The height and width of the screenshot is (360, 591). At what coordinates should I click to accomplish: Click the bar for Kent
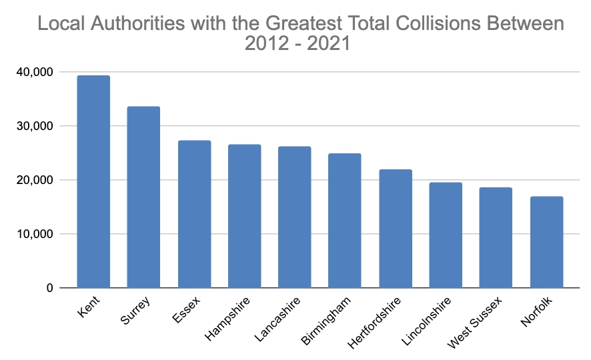click(x=93, y=181)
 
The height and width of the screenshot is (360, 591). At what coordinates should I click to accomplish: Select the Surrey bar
click(x=143, y=197)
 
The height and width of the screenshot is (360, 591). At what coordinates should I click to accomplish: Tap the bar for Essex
click(x=194, y=214)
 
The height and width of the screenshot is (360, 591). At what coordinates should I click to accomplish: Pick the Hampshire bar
click(x=244, y=216)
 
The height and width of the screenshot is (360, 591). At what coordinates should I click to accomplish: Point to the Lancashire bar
click(x=295, y=217)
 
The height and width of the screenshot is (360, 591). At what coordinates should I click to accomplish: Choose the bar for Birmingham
click(x=345, y=221)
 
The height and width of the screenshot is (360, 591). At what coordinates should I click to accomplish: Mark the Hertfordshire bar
click(x=396, y=229)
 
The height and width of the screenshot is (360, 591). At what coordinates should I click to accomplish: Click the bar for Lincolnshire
click(x=446, y=235)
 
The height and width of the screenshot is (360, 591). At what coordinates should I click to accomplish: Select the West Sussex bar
click(x=496, y=238)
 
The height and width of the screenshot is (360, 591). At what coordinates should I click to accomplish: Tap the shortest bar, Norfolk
click(x=546, y=242)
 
